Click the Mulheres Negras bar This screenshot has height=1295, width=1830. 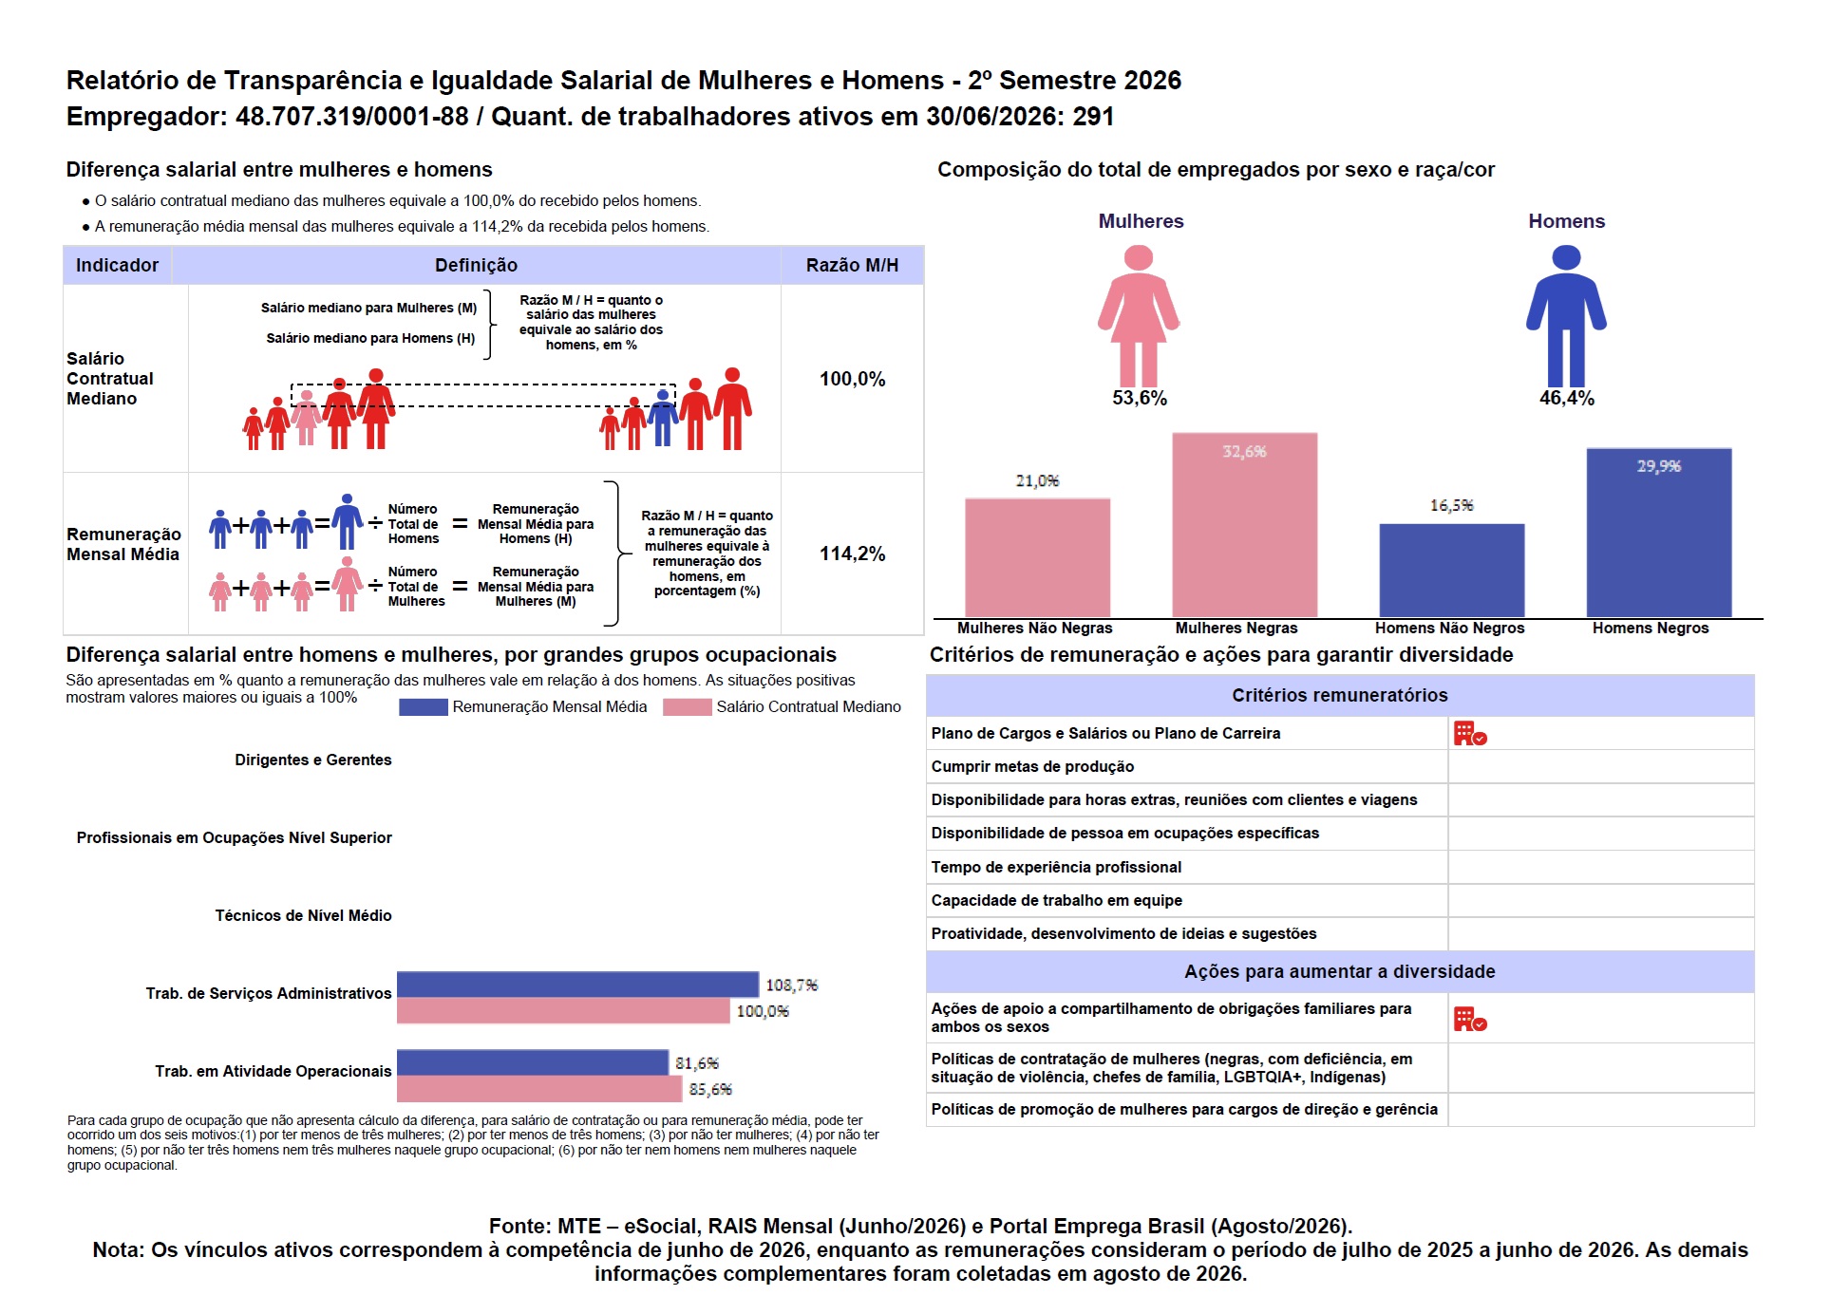1244,525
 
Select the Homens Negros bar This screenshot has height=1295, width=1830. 1658,533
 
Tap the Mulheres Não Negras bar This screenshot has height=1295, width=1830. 1037,558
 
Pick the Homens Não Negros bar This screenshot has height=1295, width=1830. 1451,571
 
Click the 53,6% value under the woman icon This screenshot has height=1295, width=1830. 1139,398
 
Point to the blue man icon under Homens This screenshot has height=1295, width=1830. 1566,315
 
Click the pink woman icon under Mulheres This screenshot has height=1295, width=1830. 1139,315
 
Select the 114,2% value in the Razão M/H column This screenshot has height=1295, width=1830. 852,554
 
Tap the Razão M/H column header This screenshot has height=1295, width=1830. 852,265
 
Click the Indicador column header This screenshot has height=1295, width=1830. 117,265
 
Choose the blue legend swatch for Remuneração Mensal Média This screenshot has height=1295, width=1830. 423,706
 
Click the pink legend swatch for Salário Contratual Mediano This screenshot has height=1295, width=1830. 687,706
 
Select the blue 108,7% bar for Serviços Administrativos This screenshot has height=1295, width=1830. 577,985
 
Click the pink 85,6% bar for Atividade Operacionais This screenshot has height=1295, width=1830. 539,1089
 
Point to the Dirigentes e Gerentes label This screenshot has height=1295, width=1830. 313,760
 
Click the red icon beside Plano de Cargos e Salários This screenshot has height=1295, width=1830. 1469,733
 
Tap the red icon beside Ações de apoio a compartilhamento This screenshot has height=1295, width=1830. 1469,1019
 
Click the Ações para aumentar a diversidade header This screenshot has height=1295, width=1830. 1339,971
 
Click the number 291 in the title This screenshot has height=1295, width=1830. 1093,116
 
